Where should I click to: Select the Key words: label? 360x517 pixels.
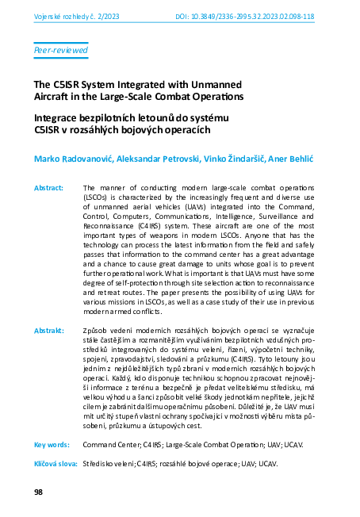tap(48, 445)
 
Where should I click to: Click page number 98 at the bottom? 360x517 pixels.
tap(38, 492)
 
